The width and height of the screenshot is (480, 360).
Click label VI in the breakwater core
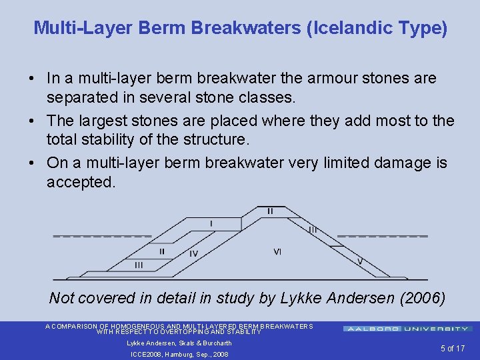[277, 251]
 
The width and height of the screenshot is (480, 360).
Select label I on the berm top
[211, 223]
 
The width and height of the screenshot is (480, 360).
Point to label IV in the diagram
[193, 253]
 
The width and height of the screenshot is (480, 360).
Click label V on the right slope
[360, 261]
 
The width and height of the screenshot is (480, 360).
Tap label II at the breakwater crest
[269, 211]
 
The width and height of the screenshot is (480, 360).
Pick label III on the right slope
[313, 229]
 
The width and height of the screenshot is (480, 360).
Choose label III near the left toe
[138, 265]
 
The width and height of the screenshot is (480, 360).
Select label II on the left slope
[162, 251]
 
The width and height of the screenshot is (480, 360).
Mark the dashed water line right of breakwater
[382, 236]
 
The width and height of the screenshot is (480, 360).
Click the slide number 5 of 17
[452, 348]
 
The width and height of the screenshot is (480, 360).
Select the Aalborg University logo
[407, 329]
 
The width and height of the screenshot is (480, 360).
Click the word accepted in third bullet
[81, 182]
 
